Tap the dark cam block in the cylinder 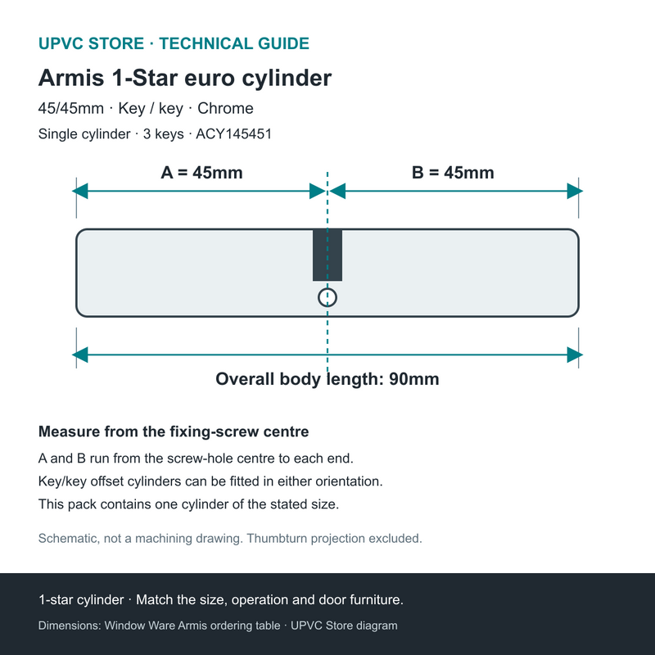(x=327, y=255)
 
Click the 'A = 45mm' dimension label (x=201, y=173)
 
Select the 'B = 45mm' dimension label (x=453, y=173)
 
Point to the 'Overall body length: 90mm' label (x=327, y=379)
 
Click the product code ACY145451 (x=234, y=134)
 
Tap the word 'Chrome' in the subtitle (x=225, y=108)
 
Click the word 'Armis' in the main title (x=71, y=78)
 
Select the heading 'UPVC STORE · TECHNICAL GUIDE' (x=174, y=43)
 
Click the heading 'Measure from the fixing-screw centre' (x=174, y=431)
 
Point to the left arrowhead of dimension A (x=79, y=192)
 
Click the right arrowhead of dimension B (x=575, y=192)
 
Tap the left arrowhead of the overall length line (x=79, y=355)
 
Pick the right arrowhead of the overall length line (x=575, y=355)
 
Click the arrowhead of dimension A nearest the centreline (x=318, y=192)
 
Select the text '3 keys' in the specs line (x=163, y=134)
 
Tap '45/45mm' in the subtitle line (x=71, y=108)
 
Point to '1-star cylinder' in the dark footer (x=81, y=600)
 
